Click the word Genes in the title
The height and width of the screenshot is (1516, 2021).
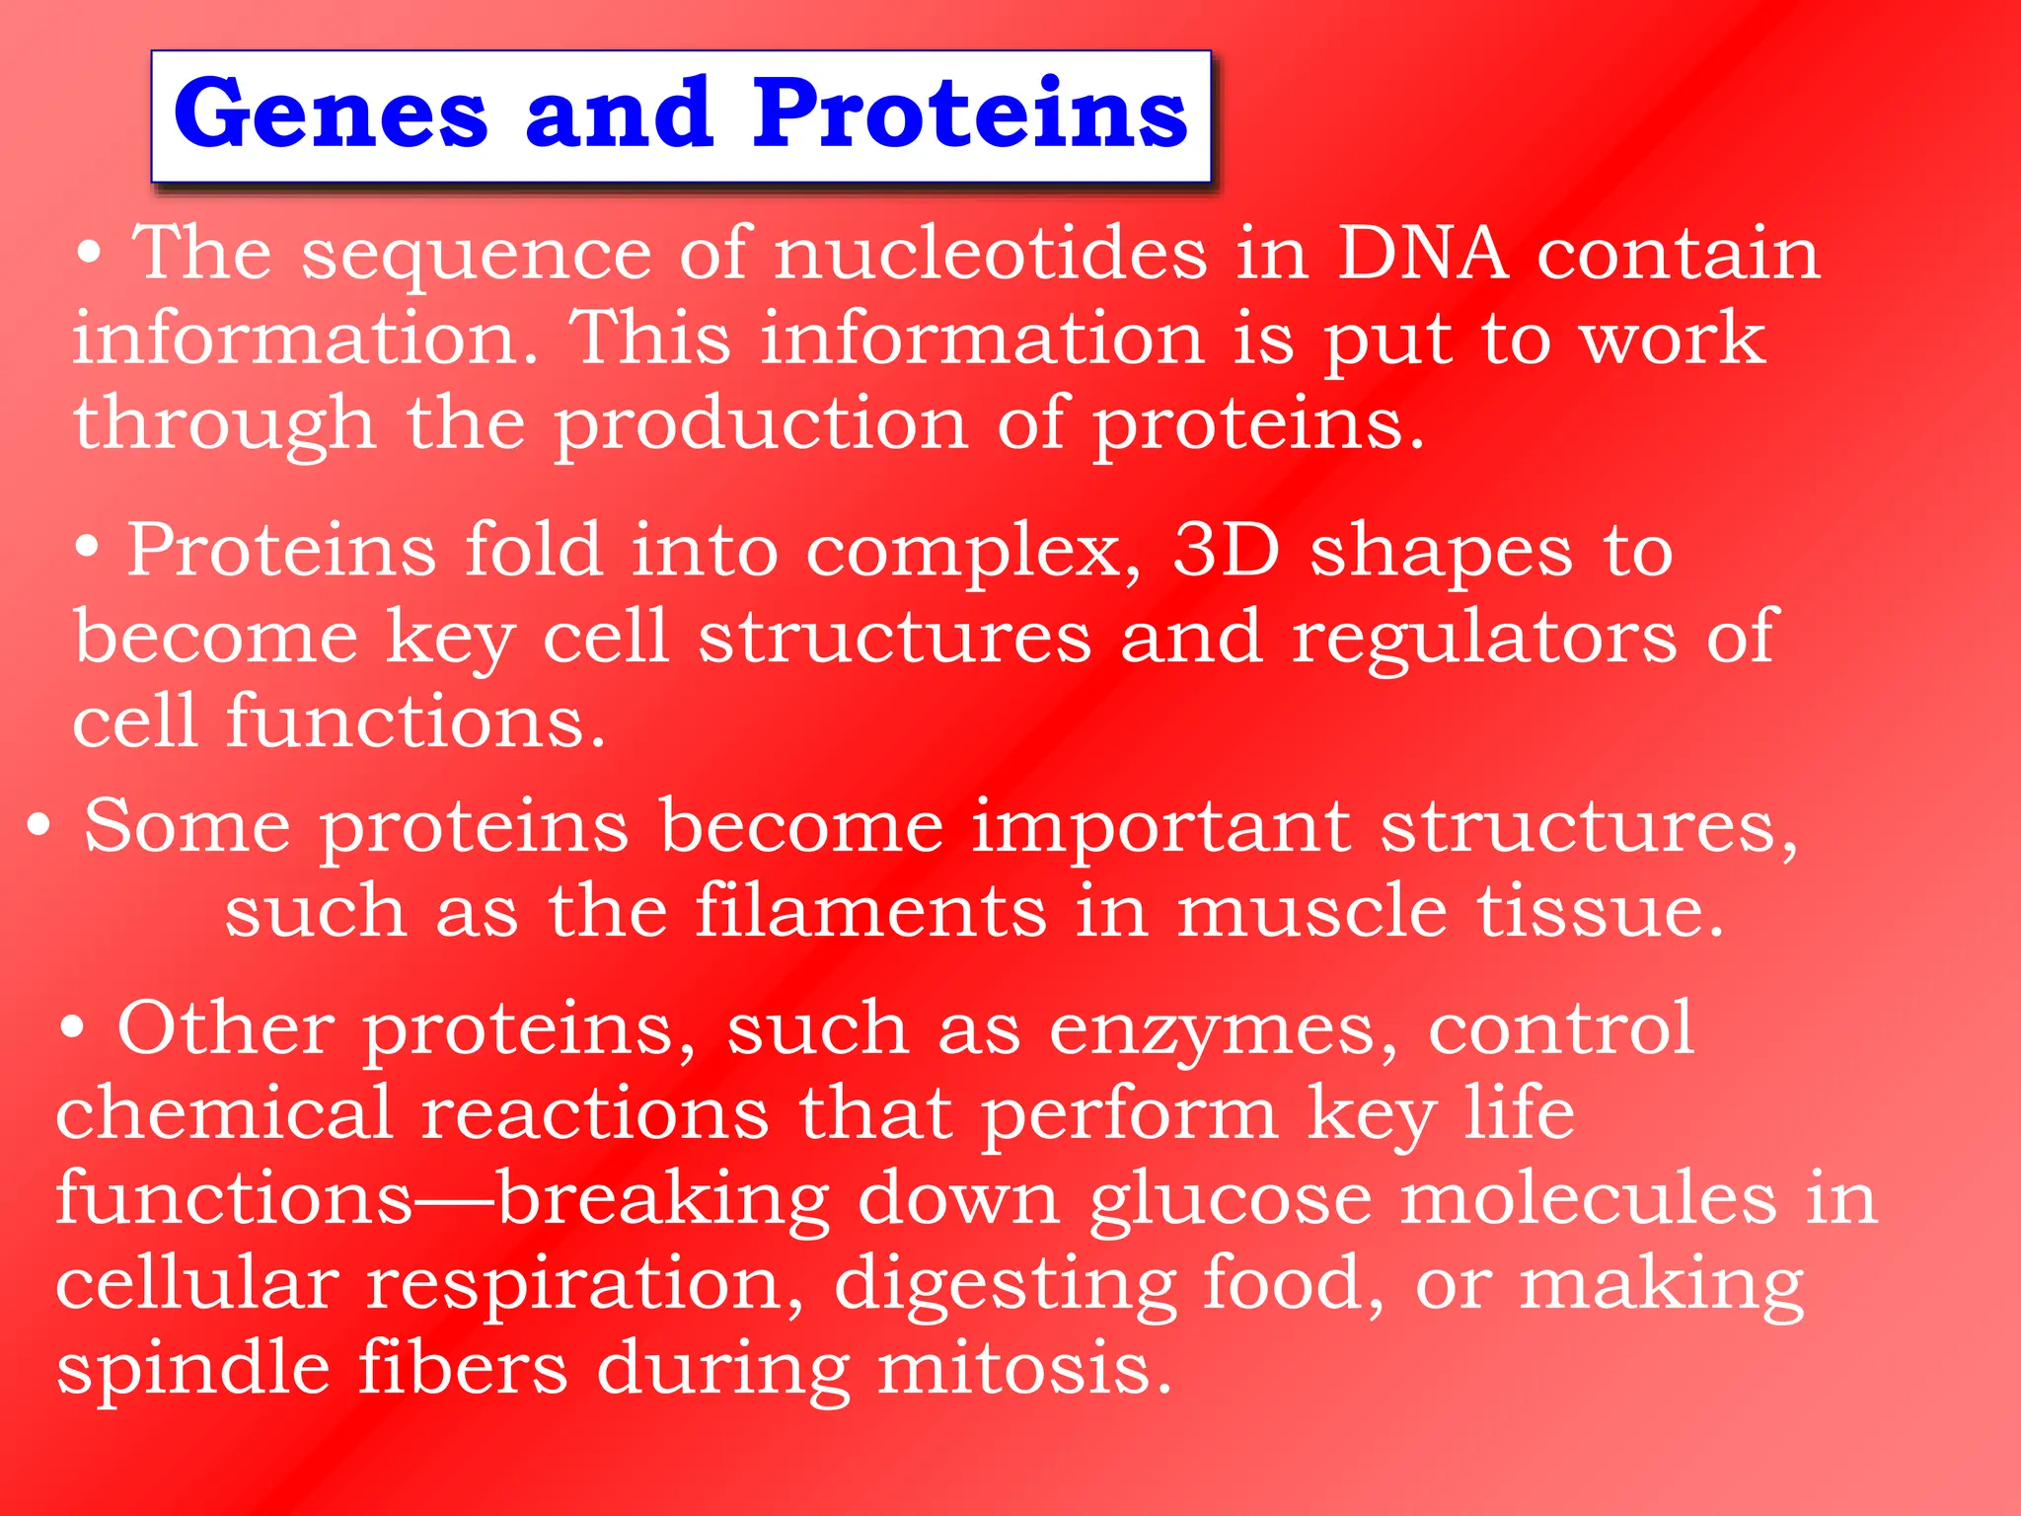tap(331, 115)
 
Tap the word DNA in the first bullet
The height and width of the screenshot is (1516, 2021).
tap(1422, 254)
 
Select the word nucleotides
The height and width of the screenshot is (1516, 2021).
tap(990, 254)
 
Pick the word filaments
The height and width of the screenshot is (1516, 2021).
tap(870, 910)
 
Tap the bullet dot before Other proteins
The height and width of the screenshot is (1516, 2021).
tap(71, 1028)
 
